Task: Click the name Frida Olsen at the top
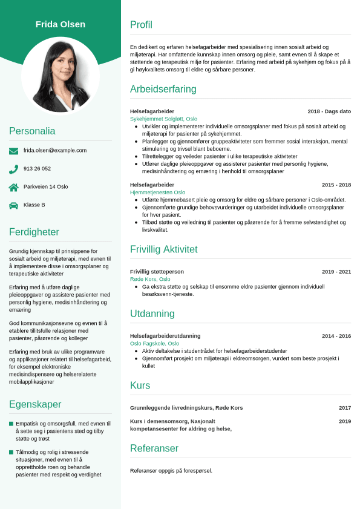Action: click(61, 24)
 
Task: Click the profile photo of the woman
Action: click(61, 75)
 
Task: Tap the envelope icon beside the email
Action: click(13, 151)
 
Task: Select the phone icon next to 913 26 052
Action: click(13, 169)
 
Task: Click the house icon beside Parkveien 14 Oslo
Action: click(13, 187)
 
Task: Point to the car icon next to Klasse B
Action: click(13, 205)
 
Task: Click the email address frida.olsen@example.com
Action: click(55, 150)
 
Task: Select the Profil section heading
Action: click(141, 25)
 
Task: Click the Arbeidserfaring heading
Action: click(163, 89)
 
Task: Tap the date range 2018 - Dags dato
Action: click(329, 111)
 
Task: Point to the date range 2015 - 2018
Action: click(336, 185)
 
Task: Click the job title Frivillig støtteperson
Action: click(157, 272)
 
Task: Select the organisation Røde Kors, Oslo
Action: click(150, 279)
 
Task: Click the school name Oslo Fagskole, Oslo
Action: click(154, 343)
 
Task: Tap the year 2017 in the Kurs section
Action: click(344, 408)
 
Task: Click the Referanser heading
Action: click(154, 448)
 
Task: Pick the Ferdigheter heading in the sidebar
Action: click(34, 232)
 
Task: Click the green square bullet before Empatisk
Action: click(11, 424)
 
